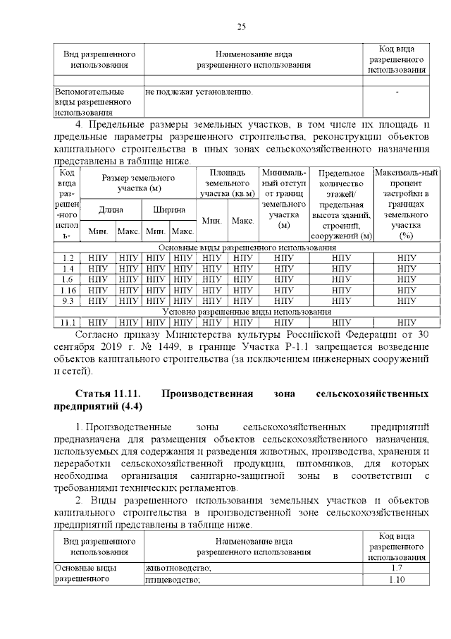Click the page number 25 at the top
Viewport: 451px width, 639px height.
(240, 27)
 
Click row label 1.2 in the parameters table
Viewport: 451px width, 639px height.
(68, 257)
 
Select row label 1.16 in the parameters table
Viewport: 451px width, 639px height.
(68, 290)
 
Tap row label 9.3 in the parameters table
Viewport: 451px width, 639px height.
(68, 300)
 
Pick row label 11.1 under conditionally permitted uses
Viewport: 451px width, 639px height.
(68, 322)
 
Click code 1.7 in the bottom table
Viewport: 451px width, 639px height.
(395, 568)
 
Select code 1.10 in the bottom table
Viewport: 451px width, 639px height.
(395, 580)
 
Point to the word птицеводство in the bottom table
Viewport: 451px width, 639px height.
(173, 580)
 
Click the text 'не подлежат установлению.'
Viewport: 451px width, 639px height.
(199, 92)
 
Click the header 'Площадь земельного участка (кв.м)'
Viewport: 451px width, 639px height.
(228, 183)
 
